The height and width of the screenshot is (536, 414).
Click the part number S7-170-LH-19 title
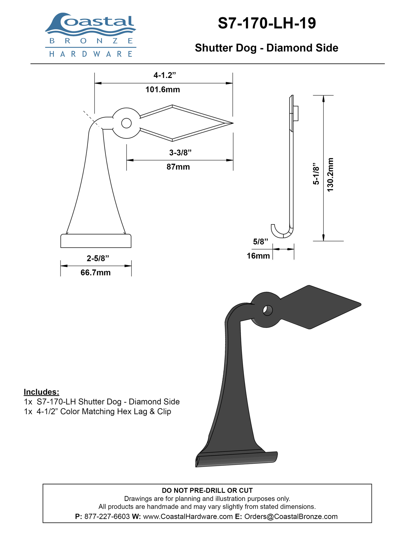point(267,23)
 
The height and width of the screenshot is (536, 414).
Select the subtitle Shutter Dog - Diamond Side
point(266,48)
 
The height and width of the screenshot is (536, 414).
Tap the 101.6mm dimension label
point(163,90)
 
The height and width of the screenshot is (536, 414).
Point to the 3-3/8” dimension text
point(180,152)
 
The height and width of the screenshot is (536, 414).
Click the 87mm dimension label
point(178,167)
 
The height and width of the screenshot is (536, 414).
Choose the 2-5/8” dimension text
point(98,258)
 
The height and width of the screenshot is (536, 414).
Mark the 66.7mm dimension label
point(96,273)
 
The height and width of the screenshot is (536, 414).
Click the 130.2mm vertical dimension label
point(330,175)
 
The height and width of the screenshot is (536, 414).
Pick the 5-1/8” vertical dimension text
point(316,174)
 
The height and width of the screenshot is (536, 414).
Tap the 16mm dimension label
point(258,256)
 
